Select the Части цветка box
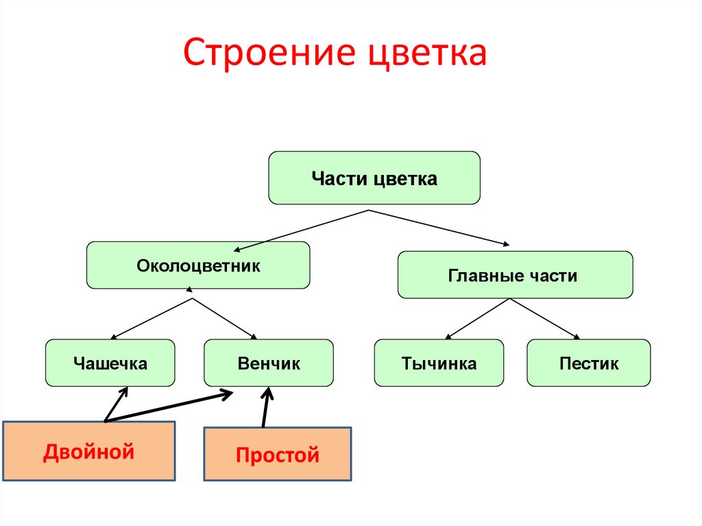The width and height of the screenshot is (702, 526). [374, 178]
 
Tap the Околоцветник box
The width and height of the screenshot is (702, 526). [198, 265]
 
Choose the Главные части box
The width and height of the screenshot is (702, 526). [515, 275]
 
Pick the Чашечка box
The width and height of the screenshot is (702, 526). [110, 363]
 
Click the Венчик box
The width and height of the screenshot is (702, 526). [269, 363]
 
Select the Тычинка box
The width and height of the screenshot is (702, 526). [439, 363]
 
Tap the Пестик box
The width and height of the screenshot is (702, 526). [588, 363]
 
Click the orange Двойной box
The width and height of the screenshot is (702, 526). [88, 451]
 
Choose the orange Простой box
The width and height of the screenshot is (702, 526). [278, 454]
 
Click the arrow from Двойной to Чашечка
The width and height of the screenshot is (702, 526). [115, 405]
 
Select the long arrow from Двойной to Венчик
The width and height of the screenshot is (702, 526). [168, 407]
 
